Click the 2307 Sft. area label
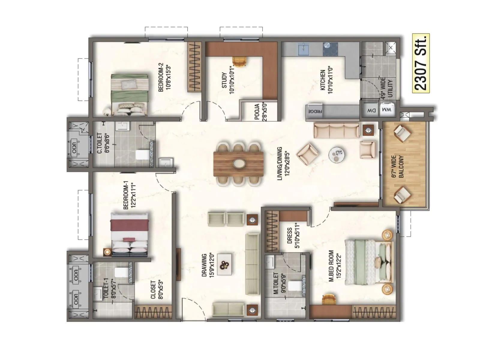tap(421, 63)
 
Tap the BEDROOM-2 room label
tap(164, 77)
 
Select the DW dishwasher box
tap(371, 110)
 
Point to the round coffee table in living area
tap(338, 155)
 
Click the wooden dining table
tap(239, 163)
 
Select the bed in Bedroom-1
tap(130, 234)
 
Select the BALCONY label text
tap(398, 166)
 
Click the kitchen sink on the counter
tap(303, 49)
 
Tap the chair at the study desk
tap(240, 61)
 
